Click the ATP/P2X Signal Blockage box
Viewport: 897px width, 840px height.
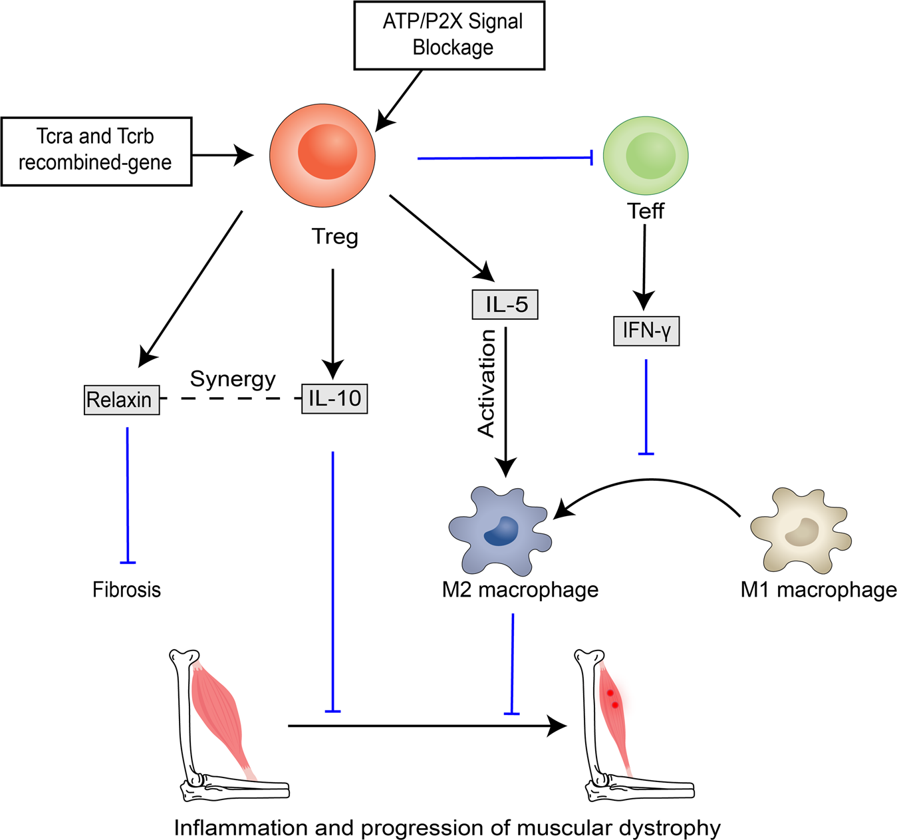tap(449, 35)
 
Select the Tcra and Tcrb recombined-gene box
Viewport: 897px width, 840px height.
tap(96, 151)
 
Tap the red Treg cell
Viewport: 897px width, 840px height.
tap(322, 154)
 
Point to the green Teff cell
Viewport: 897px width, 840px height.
tap(646, 156)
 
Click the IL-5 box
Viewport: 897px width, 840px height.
tap(505, 305)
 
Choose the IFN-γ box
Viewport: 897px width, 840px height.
tap(646, 331)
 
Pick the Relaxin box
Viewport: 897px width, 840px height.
tap(122, 400)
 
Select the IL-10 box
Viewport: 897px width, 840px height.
tap(334, 398)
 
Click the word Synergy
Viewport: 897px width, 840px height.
tap(233, 379)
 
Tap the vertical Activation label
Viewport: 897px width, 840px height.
tap(487, 384)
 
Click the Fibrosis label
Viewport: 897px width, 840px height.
tap(126, 590)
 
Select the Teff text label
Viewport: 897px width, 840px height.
tap(646, 211)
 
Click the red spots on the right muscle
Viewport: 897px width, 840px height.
tap(612, 698)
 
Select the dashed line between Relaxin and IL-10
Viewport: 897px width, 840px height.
tap(231, 398)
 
